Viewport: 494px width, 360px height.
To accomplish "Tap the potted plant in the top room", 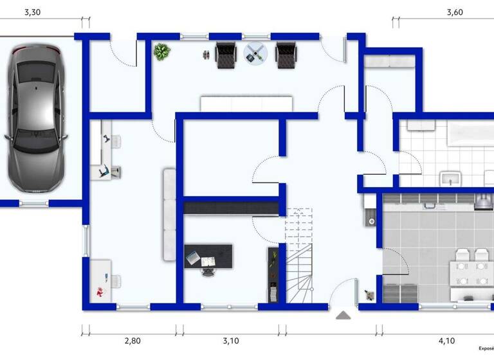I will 161,51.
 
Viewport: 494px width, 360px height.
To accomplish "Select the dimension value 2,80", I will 133,341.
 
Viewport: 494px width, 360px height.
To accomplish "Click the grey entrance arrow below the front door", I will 343,315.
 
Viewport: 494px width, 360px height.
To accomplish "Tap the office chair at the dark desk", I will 208,270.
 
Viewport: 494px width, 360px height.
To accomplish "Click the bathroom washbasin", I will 450,178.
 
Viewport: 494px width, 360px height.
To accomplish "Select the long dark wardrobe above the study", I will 231,208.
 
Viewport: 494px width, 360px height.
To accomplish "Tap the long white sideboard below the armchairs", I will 246,104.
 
